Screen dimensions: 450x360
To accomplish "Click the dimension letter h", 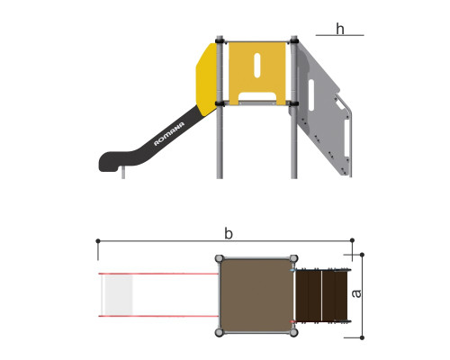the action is click(x=340, y=29).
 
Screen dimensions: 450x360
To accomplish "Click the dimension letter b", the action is click(x=229, y=234).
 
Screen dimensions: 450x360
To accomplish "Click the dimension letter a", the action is click(x=356, y=293).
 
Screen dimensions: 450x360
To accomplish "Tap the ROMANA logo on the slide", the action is click(x=169, y=134).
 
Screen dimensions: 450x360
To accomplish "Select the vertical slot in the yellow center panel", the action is click(x=257, y=66).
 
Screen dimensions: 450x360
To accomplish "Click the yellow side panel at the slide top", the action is click(x=206, y=79).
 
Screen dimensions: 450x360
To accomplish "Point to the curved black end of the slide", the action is click(x=111, y=161).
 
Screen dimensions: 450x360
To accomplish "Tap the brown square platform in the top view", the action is click(x=256, y=295).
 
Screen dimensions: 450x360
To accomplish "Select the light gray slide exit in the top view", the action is click(x=119, y=295).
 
